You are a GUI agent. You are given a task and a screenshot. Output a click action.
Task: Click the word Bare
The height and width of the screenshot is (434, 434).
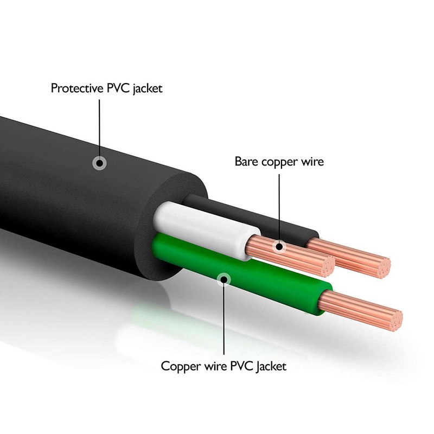(246, 161)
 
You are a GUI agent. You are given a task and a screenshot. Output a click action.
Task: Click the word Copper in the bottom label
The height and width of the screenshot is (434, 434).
(178, 365)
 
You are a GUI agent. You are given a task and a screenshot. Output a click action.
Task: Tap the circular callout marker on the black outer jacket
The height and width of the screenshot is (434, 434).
(99, 162)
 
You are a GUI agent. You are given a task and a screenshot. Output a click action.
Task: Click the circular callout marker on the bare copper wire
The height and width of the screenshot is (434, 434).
(279, 247)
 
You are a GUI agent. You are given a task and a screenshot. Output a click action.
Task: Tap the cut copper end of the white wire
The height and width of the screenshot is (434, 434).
(327, 266)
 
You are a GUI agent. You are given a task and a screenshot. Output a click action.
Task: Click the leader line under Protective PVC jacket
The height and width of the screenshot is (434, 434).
(99, 125)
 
